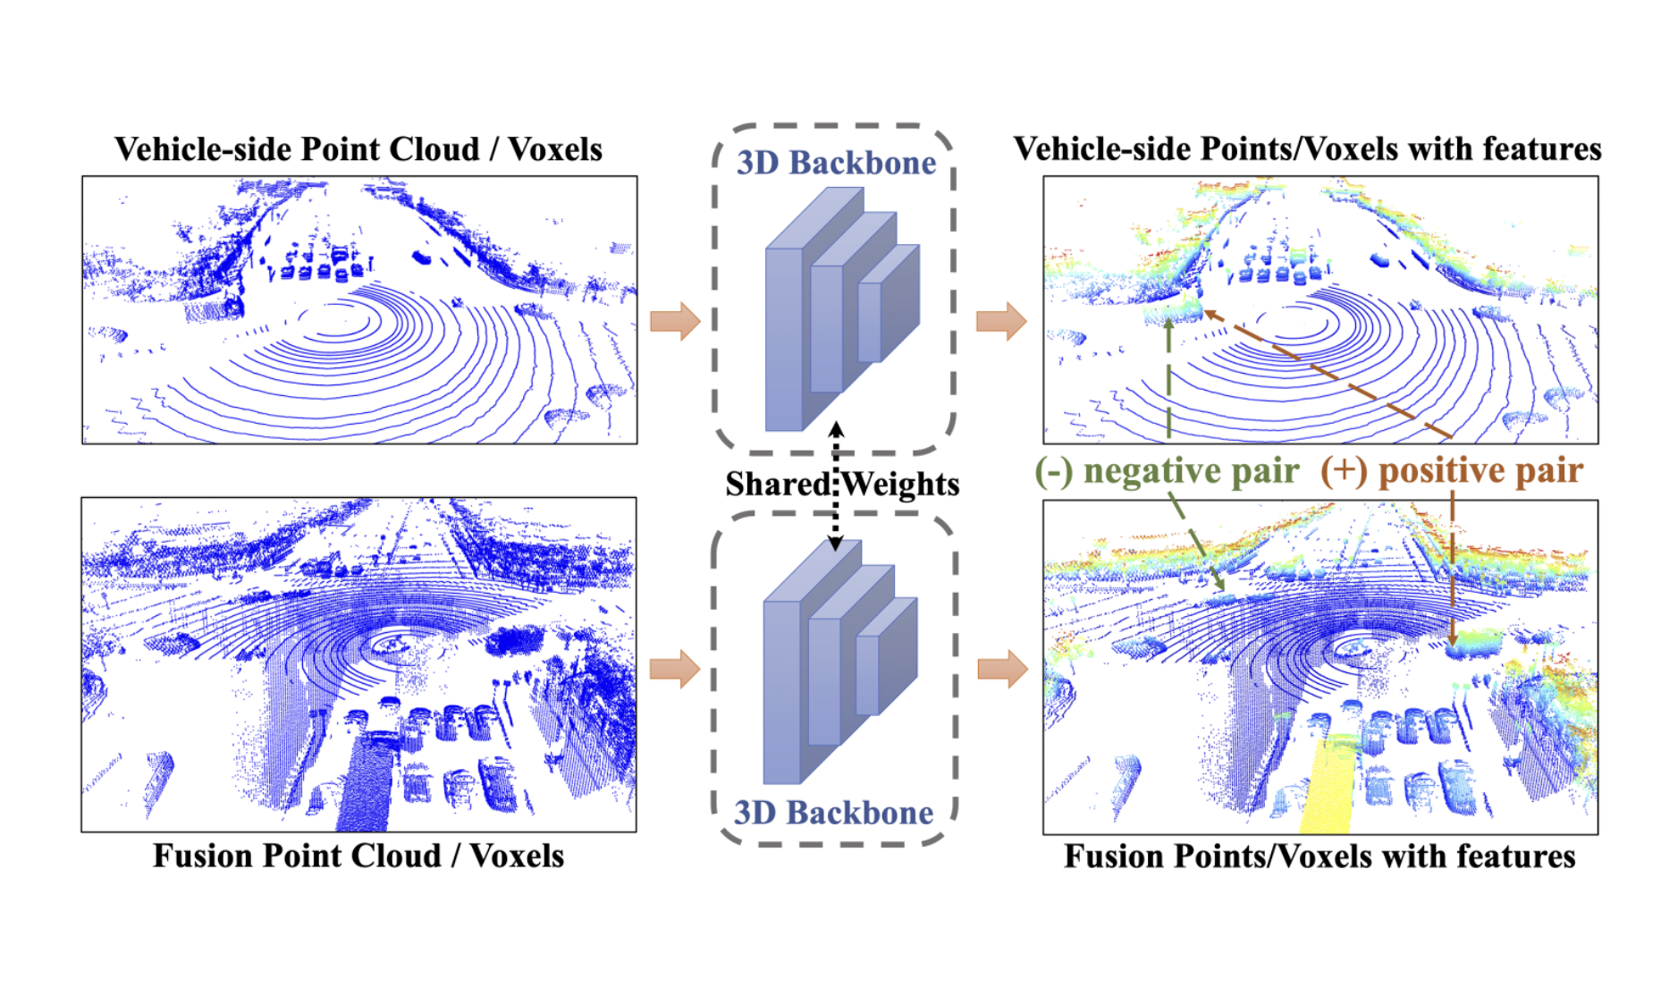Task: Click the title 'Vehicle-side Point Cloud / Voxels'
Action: [358, 149]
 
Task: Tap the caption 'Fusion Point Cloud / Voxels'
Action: [358, 856]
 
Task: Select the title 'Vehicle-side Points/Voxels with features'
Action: [1307, 149]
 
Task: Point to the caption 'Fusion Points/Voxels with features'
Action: [1320, 856]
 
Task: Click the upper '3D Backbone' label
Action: [836, 163]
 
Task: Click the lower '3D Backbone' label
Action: [833, 812]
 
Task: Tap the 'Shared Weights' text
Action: [841, 484]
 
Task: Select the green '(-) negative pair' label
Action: [1167, 471]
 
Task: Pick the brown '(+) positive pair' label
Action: [1452, 471]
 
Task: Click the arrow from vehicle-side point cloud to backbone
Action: [675, 321]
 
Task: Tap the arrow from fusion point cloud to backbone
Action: [675, 669]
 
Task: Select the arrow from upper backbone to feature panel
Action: [1001, 321]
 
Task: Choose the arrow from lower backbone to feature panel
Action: [1001, 669]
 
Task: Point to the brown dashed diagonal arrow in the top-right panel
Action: [1328, 374]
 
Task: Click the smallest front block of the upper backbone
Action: [870, 322]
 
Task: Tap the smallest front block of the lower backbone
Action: [867, 675]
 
